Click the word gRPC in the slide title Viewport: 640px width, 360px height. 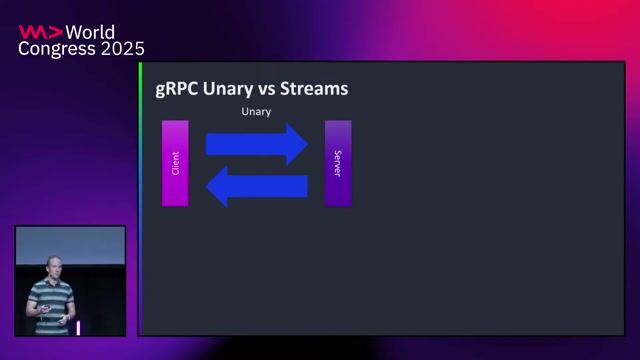[x=177, y=89]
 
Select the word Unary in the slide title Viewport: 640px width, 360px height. [x=227, y=89]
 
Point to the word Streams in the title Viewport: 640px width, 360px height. [x=314, y=89]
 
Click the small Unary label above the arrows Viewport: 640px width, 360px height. [x=256, y=111]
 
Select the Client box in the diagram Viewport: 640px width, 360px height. [x=175, y=163]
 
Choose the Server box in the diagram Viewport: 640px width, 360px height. [x=338, y=163]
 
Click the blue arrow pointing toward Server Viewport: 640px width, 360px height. [x=256, y=144]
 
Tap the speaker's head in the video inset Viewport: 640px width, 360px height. [x=52, y=265]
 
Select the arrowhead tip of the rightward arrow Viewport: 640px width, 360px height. [x=305, y=144]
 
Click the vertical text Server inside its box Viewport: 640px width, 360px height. [x=338, y=164]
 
